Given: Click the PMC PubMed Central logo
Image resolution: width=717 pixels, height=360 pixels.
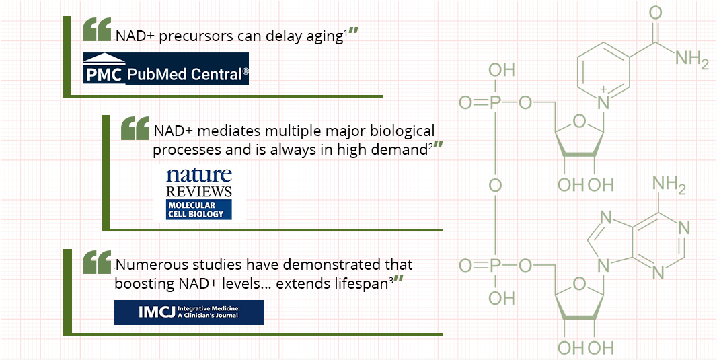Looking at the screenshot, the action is click(x=165, y=69).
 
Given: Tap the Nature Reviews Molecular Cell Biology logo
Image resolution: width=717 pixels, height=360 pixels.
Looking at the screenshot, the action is click(x=198, y=193).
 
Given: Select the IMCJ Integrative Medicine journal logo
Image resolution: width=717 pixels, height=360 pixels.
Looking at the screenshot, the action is click(x=189, y=312).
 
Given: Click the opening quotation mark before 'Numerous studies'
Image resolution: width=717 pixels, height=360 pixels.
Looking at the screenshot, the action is click(x=97, y=262).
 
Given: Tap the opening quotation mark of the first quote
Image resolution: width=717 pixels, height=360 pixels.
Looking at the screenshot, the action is click(x=97, y=29).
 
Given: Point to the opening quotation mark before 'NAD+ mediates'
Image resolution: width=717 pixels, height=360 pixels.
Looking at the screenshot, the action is click(x=135, y=128).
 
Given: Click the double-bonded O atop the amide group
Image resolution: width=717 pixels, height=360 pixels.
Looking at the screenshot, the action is click(x=655, y=13).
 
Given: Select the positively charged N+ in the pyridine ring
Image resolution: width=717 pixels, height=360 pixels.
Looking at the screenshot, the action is click(x=604, y=102).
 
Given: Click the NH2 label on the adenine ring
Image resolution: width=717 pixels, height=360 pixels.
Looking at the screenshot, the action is click(x=669, y=186).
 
